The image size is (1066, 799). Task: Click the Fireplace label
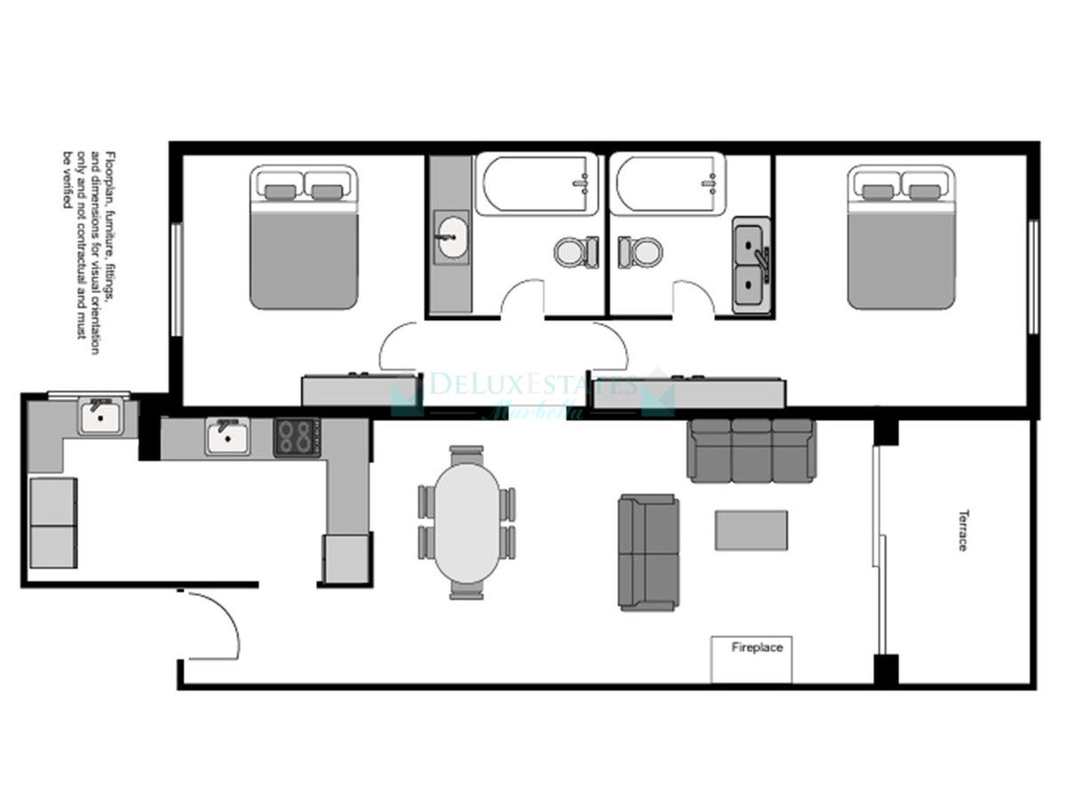[x=757, y=648]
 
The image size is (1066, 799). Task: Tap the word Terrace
[x=962, y=530]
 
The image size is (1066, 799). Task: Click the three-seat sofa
[x=752, y=451]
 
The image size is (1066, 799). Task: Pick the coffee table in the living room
[x=752, y=531]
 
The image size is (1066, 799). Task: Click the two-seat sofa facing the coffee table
[x=648, y=553]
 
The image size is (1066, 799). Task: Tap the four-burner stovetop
[x=296, y=436]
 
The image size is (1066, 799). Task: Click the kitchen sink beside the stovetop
[x=227, y=436]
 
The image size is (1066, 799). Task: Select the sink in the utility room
[x=100, y=416]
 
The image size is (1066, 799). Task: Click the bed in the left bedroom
[x=304, y=237]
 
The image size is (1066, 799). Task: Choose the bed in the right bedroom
[x=901, y=237]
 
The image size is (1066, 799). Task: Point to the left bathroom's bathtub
[x=537, y=184]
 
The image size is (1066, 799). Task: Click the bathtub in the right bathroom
[x=669, y=184]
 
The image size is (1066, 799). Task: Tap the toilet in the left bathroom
[x=577, y=252]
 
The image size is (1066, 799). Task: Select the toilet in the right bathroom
[x=640, y=252]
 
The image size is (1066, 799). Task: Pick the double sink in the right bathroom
[x=752, y=267]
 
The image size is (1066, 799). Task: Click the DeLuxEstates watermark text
[x=533, y=386]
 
